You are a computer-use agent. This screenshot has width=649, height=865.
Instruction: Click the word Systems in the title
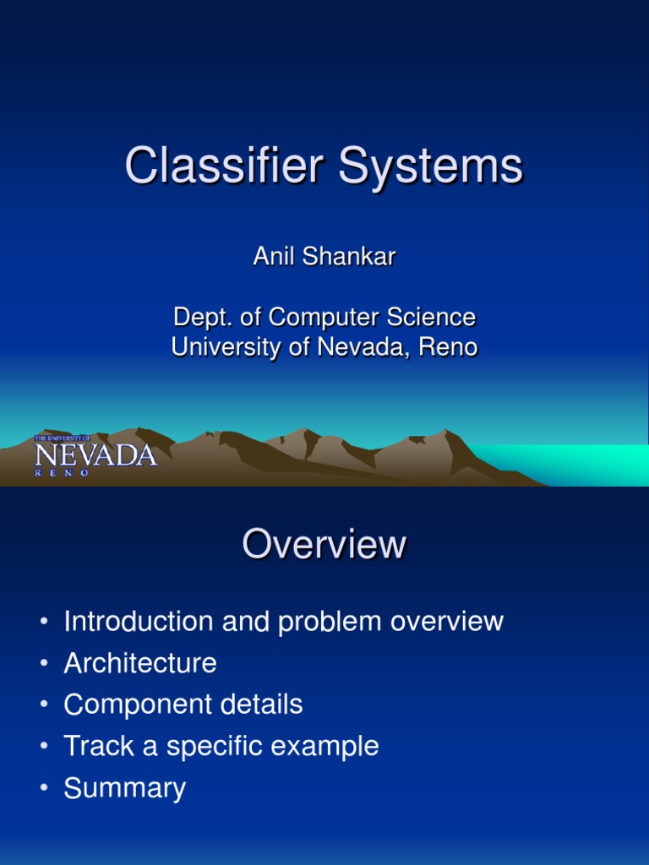(x=431, y=166)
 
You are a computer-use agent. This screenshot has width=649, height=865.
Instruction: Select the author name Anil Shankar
(x=324, y=257)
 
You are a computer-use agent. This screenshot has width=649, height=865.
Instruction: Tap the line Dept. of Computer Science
(x=324, y=318)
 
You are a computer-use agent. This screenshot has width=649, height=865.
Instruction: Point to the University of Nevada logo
(x=95, y=456)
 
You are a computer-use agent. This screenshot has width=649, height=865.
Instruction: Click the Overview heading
(x=324, y=545)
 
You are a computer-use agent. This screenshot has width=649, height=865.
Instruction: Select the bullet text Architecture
(x=140, y=663)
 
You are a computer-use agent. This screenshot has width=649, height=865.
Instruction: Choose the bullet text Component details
(x=183, y=705)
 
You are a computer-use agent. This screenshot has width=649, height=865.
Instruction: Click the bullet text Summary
(x=124, y=788)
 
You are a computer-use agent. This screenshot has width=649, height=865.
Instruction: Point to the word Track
(x=94, y=746)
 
